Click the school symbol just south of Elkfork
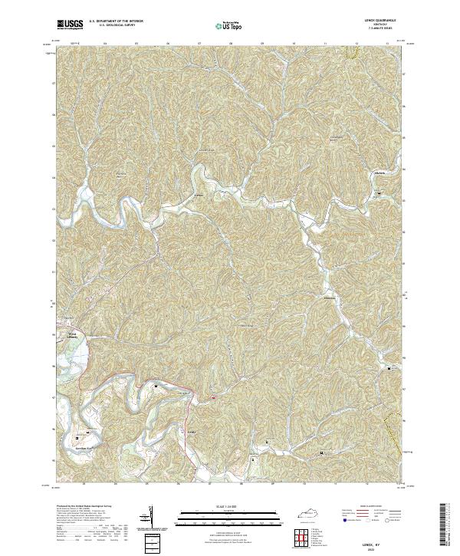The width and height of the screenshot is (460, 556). (x=380, y=194)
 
